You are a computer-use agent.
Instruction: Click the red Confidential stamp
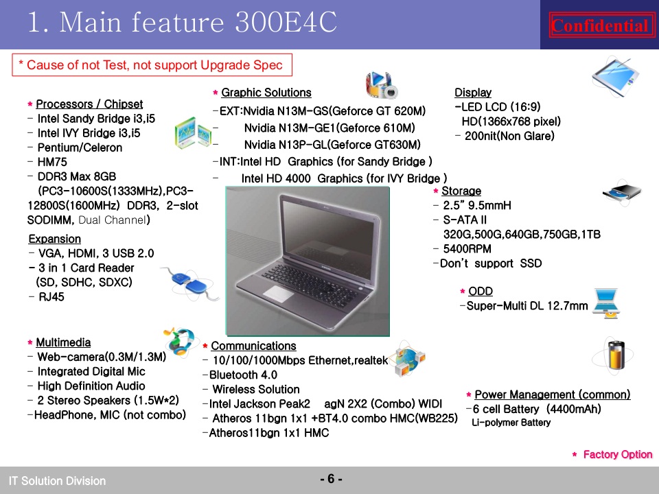[x=601, y=25]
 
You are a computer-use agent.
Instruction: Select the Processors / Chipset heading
[x=89, y=104]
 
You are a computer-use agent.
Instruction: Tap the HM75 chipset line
[x=52, y=162]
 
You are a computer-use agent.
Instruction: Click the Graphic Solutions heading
[x=266, y=93]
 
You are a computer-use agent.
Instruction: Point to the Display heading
[x=473, y=93]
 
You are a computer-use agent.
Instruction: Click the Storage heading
[x=461, y=191]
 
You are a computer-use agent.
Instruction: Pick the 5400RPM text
[x=467, y=248]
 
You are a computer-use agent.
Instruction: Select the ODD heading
[x=481, y=291]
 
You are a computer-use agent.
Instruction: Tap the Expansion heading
[x=55, y=239]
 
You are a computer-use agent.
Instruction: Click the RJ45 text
[x=51, y=296]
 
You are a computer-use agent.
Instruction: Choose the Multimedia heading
[x=63, y=342]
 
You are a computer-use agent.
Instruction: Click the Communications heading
[x=253, y=346]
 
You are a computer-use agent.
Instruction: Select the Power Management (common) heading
[x=552, y=395]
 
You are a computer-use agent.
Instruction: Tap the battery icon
[x=616, y=355]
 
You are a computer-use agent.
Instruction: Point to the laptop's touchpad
[x=278, y=293]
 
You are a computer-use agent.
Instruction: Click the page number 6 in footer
[x=331, y=479]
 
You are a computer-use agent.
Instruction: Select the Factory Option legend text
[x=617, y=454]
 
